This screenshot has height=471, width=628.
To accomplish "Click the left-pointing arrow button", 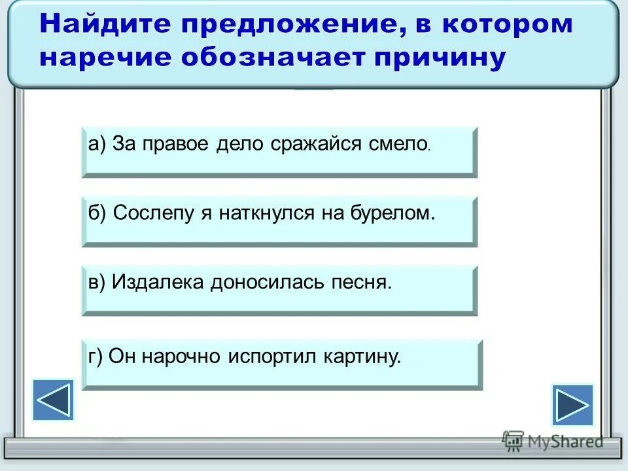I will tap(53, 400).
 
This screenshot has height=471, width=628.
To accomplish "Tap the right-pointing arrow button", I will tap(572, 405).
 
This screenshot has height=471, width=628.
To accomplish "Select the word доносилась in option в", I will tap(267, 282).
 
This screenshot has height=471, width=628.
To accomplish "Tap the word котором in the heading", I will tap(507, 25).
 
